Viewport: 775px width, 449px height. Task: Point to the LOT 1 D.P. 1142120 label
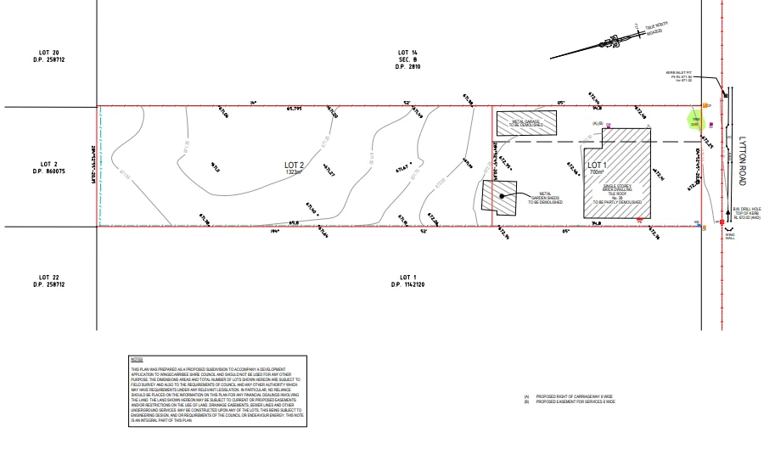pyautogui.click(x=407, y=280)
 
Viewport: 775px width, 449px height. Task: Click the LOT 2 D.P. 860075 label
pyautogui.click(x=48, y=167)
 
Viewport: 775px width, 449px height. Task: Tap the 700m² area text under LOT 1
pyautogui.click(x=598, y=172)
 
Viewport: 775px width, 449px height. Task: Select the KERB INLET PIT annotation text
pyautogui.click(x=679, y=76)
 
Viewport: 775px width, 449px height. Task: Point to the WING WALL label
pyautogui.click(x=729, y=236)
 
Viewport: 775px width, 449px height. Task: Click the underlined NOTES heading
pyautogui.click(x=137, y=360)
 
